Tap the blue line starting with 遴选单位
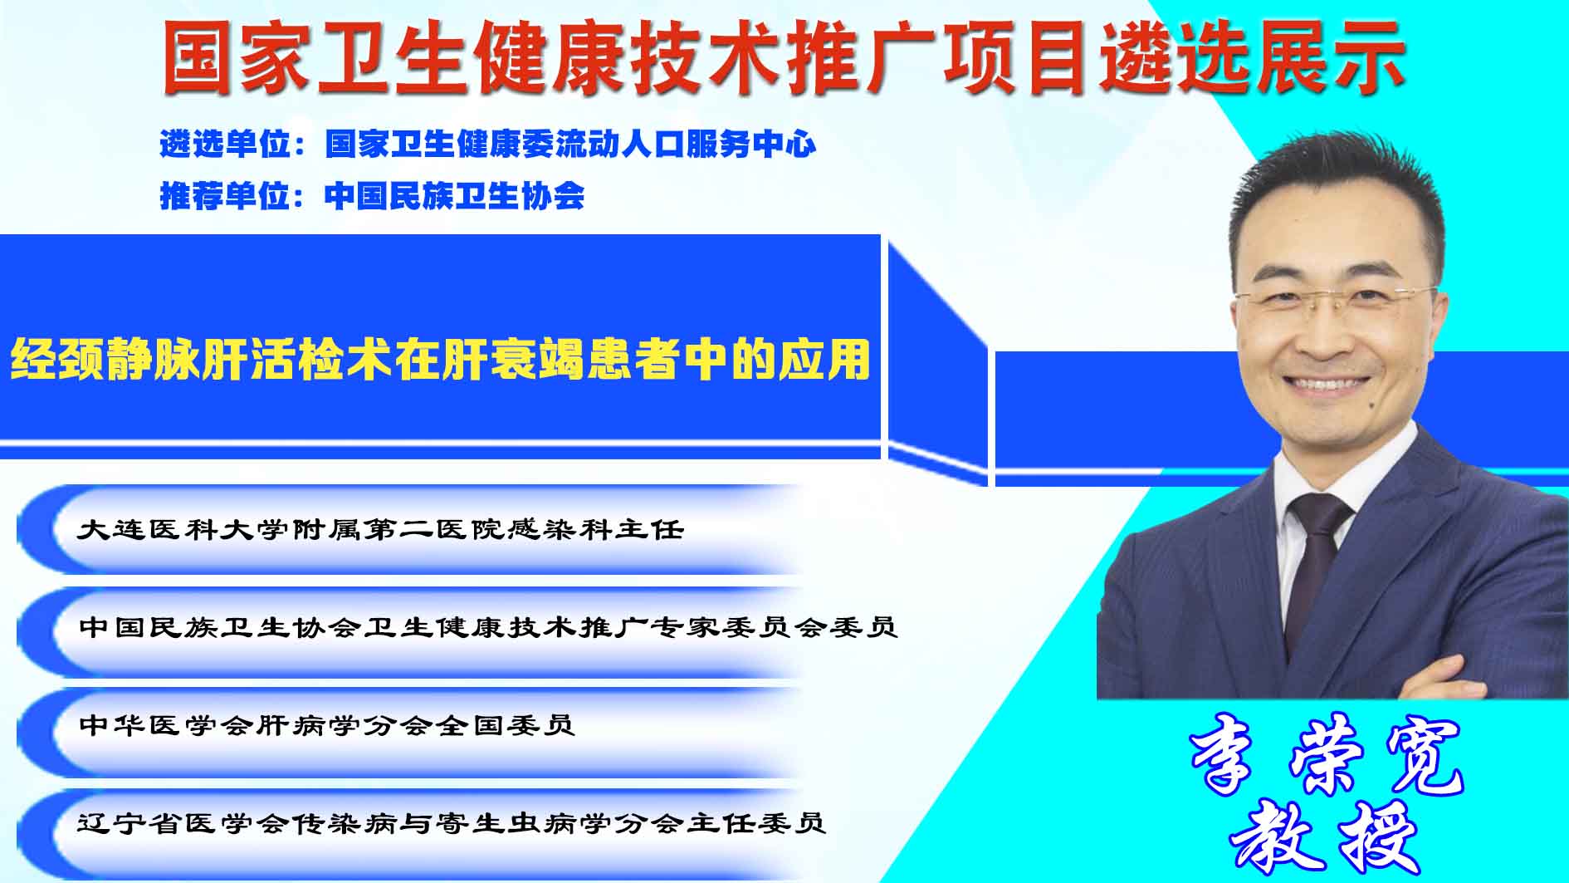(488, 145)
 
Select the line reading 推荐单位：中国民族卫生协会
(372, 196)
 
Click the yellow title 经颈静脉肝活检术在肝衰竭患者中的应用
(440, 360)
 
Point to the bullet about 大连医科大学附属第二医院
(380, 529)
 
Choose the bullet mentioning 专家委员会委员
(488, 626)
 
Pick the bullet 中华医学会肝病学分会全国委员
(326, 725)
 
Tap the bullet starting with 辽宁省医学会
(452, 823)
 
